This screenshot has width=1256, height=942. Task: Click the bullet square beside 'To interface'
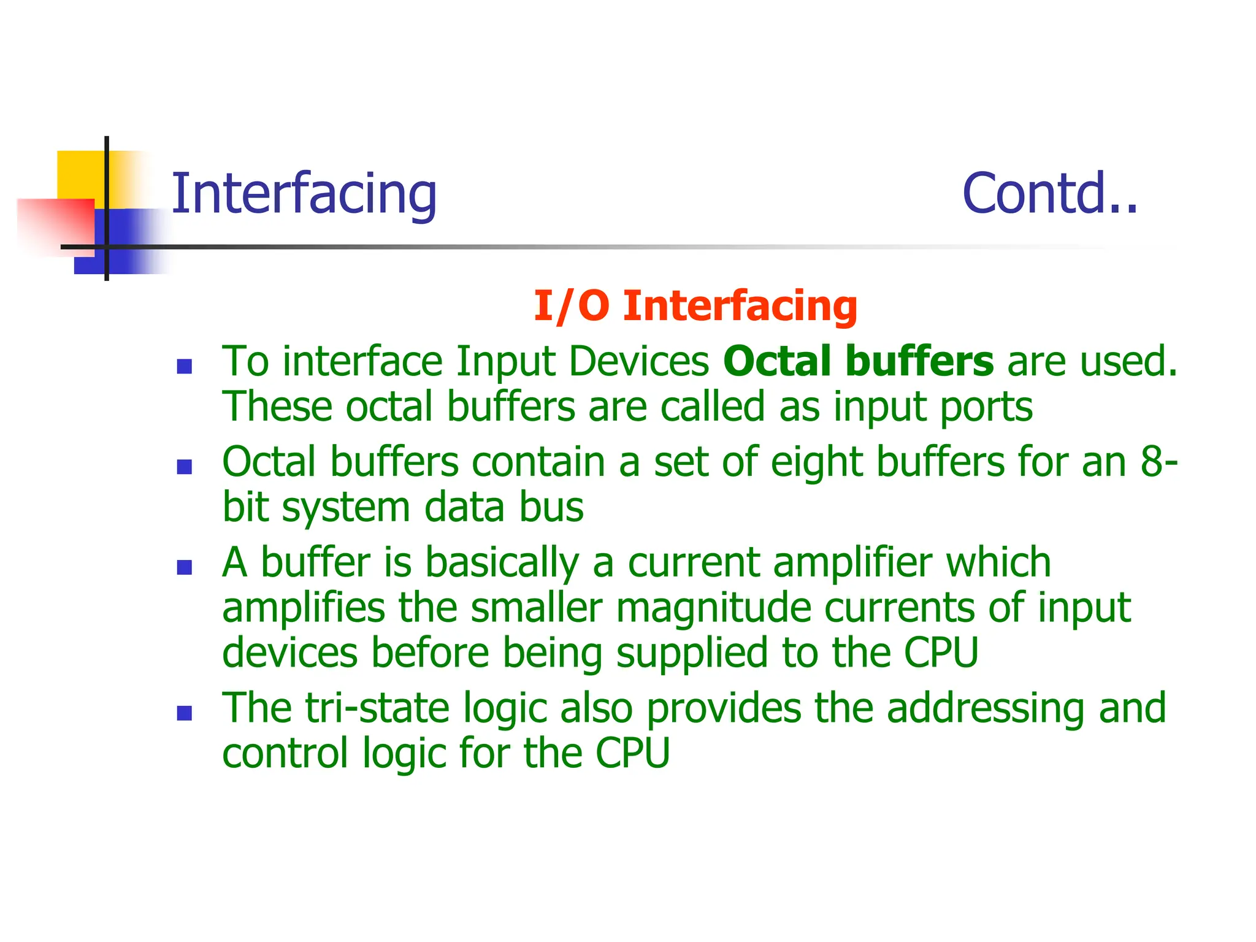coord(184,367)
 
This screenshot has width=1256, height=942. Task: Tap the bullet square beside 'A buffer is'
coord(184,567)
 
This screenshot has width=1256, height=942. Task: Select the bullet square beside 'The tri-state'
coord(184,713)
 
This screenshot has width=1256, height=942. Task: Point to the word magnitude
coord(713,608)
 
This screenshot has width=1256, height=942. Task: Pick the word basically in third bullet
coord(502,563)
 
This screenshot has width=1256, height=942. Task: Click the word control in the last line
coord(285,753)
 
